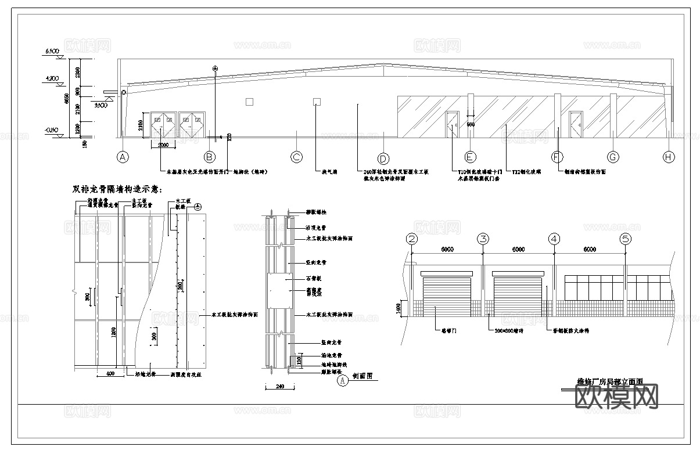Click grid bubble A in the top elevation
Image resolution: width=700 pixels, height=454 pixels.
(122, 157)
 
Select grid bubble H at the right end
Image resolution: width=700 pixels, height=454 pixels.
(669, 157)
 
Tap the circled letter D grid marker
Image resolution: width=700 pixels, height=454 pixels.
(383, 158)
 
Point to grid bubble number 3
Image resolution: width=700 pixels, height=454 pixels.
(483, 239)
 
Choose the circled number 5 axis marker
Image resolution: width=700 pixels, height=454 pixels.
(625, 239)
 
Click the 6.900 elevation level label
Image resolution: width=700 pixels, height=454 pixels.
(52, 52)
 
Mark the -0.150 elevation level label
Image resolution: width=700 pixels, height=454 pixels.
(52, 131)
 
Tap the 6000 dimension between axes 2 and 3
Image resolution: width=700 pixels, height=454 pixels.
(447, 250)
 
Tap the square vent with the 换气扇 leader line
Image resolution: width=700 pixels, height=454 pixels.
(317, 102)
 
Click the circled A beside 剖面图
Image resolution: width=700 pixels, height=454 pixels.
(342, 381)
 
